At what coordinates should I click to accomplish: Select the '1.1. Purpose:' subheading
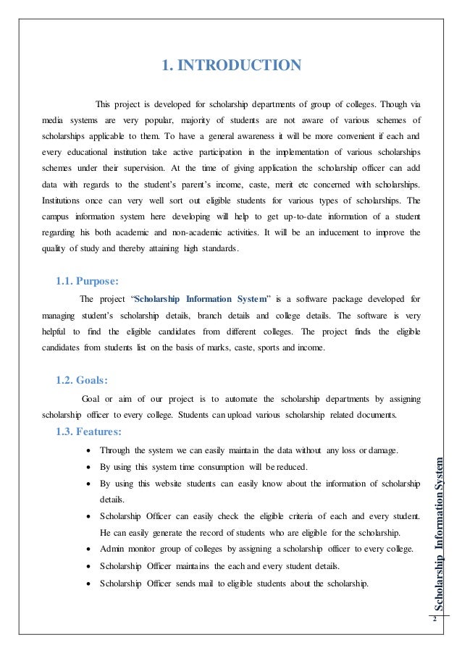(x=88, y=281)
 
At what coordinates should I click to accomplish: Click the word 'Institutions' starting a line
(x=62, y=201)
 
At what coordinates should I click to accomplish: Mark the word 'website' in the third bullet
(x=185, y=482)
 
